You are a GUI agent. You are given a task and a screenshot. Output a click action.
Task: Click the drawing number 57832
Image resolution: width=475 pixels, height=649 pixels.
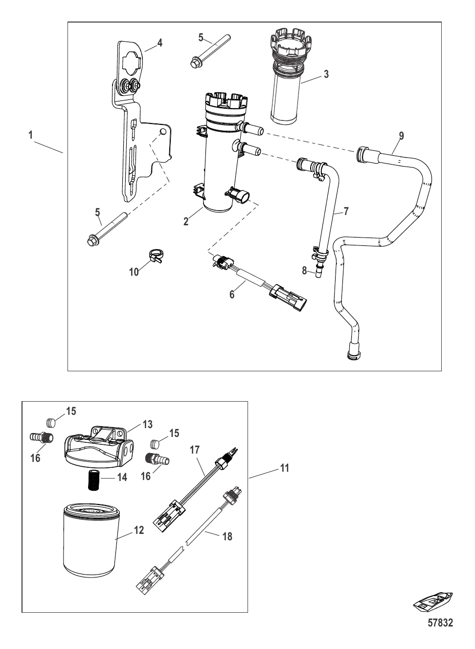pos(440,631)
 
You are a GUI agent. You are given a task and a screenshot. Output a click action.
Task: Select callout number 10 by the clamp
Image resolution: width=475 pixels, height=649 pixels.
pos(134,272)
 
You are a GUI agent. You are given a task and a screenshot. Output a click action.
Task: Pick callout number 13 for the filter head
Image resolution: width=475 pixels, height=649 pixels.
pos(148,425)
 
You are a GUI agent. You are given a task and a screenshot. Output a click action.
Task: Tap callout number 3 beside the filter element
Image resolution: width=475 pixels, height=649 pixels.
pos(326,74)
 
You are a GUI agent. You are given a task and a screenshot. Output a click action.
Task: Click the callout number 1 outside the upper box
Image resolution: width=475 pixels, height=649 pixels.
pos(31,135)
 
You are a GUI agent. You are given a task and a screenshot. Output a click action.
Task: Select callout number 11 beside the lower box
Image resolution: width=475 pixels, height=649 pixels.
pos(285,468)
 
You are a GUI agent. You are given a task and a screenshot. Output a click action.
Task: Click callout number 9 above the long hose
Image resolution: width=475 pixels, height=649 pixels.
pos(401,136)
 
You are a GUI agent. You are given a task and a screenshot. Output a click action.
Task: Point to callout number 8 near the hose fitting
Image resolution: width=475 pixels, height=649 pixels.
pos(304,270)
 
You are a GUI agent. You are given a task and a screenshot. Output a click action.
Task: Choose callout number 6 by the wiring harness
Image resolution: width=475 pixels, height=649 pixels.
pos(232,295)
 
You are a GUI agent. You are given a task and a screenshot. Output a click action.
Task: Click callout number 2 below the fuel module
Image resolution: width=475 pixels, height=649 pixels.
pos(186,222)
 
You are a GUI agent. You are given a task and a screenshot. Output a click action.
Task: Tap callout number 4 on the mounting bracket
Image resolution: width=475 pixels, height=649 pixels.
pos(159,43)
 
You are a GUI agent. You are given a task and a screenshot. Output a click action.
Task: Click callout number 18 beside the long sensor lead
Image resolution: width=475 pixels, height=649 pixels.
pos(227,536)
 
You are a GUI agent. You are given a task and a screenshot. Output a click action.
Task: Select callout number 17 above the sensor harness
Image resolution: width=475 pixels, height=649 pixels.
pos(195,450)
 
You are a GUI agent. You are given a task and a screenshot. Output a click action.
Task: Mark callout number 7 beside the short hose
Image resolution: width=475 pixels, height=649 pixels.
pos(346,211)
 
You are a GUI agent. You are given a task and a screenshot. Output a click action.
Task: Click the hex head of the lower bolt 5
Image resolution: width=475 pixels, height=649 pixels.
pos(92,241)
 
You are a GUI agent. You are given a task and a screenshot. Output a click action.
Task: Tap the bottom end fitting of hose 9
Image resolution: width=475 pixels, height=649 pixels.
pos(354,351)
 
